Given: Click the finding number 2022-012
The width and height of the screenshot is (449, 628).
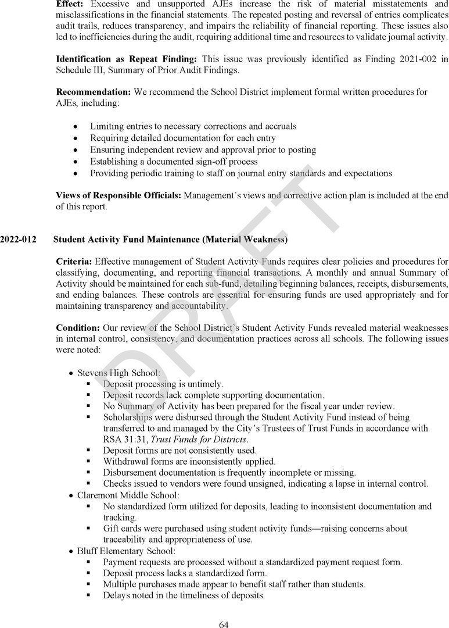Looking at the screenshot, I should [18, 239].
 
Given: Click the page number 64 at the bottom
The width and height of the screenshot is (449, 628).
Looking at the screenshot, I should [224, 625].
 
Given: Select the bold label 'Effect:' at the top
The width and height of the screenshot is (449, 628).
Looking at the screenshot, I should [70, 3].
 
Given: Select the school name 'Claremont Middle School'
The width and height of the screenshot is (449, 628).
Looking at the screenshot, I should [128, 495].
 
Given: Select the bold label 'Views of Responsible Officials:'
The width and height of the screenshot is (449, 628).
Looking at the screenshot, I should [118, 195].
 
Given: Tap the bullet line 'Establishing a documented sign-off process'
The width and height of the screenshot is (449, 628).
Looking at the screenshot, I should [174, 162].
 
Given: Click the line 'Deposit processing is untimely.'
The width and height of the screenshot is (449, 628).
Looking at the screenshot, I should [163, 384].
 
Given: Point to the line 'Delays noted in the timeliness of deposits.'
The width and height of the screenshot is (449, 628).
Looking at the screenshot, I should [184, 595].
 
